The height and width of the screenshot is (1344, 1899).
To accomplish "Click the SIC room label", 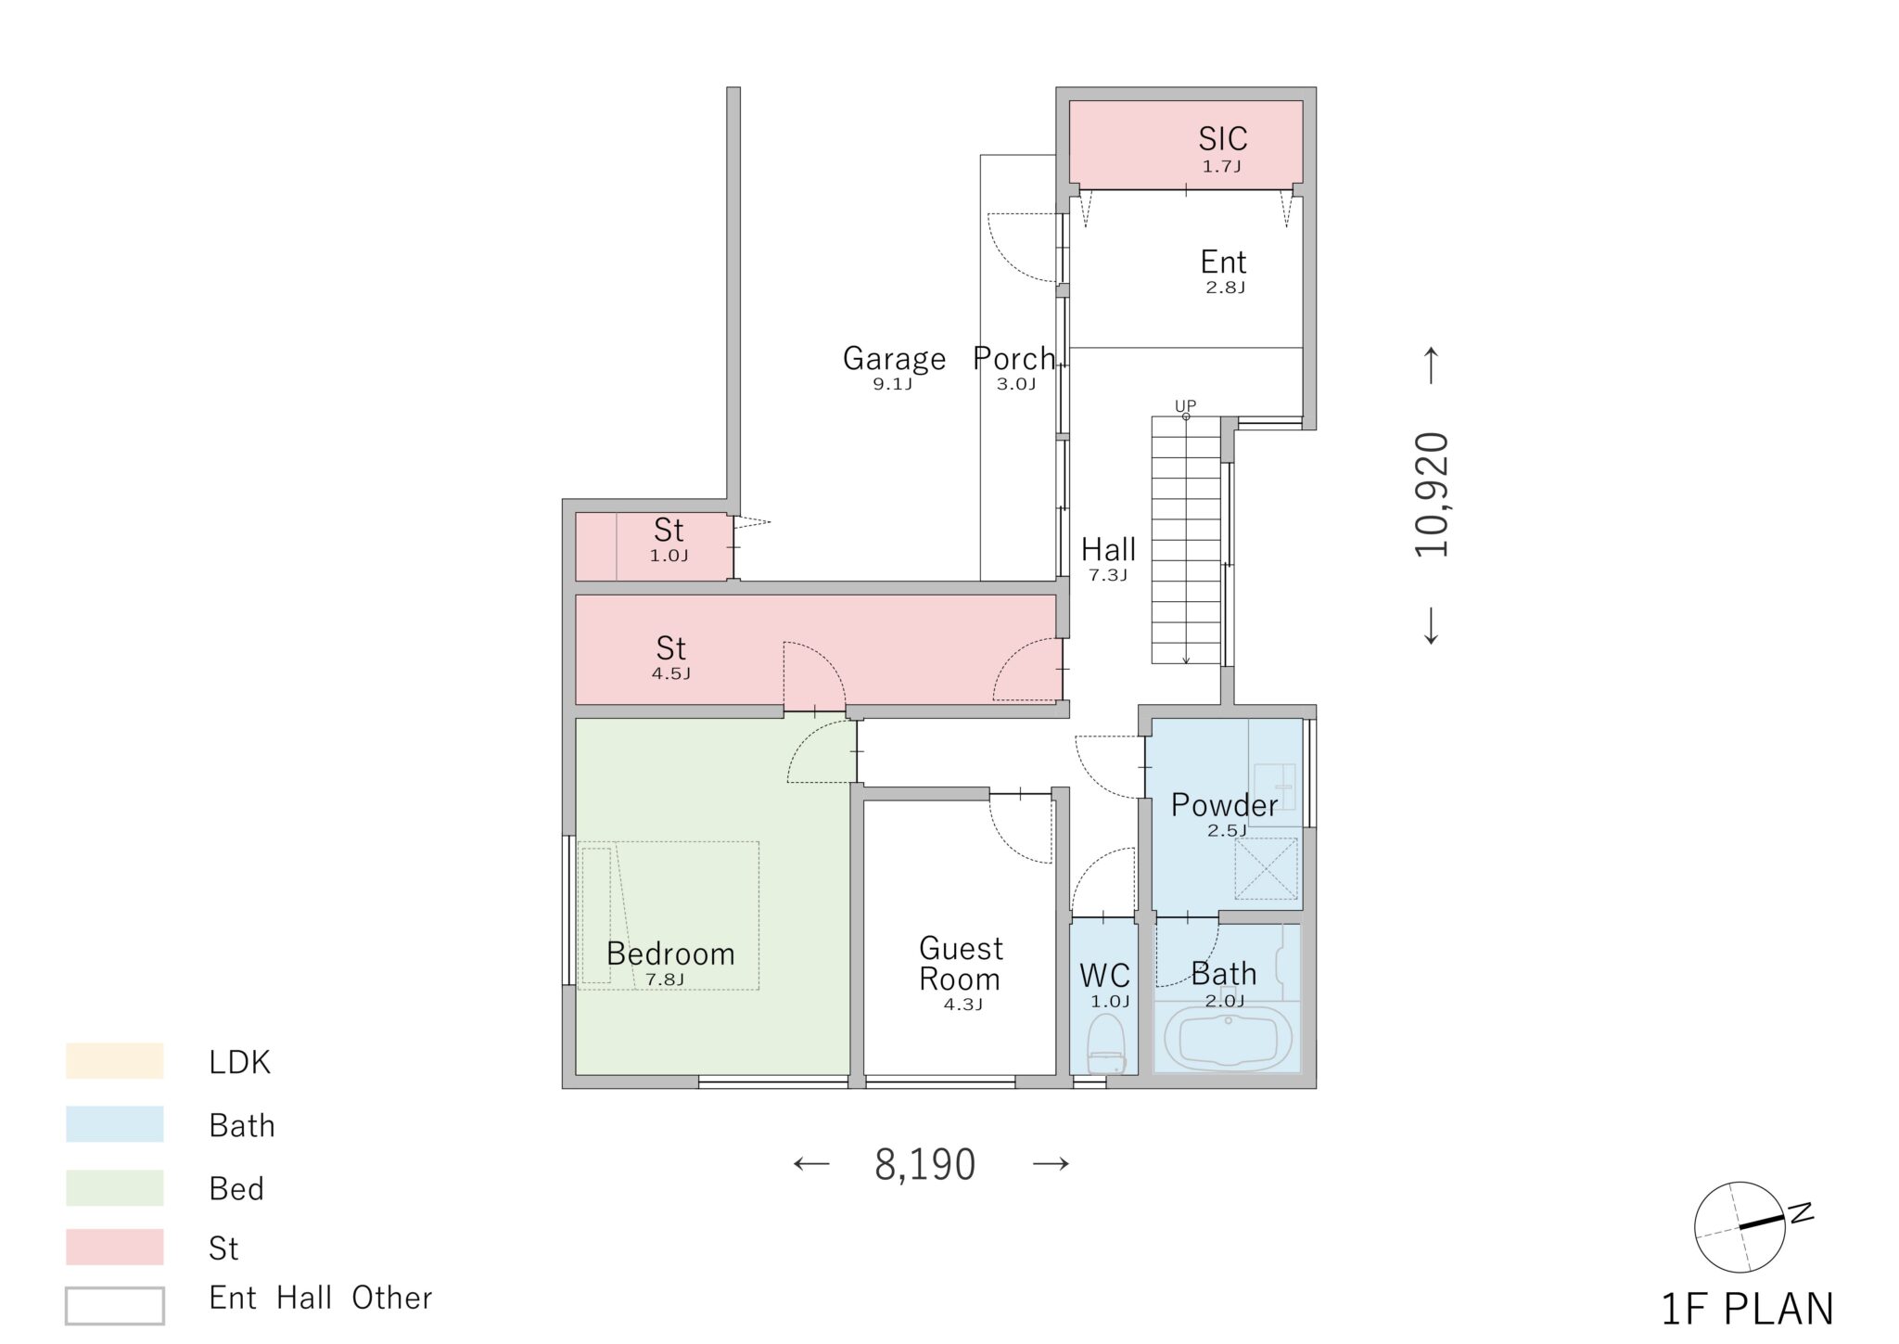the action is (x=1222, y=139).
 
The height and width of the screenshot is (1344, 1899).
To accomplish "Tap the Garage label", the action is (x=894, y=358).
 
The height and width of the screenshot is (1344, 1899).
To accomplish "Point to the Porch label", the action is (x=1014, y=358).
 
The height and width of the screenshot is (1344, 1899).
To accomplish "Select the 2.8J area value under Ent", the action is (x=1225, y=288).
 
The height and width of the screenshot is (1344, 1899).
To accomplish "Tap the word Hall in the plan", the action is (x=1108, y=550).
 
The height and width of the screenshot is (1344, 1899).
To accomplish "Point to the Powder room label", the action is (x=1224, y=804).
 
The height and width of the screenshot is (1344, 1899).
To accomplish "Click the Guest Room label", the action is (x=961, y=964).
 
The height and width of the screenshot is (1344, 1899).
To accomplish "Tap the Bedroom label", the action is (x=670, y=954).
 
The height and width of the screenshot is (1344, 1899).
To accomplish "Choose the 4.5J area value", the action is (x=670, y=674).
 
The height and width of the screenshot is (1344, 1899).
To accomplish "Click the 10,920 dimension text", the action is (x=1431, y=494).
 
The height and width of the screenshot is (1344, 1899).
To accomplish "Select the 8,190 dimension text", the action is (x=924, y=1165).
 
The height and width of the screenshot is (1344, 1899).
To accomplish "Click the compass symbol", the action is (x=1740, y=1226).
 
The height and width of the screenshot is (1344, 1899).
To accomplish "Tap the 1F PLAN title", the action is (x=1747, y=1309).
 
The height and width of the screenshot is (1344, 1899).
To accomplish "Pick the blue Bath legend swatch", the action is (x=115, y=1124).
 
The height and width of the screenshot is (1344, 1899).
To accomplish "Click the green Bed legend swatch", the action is (x=115, y=1188).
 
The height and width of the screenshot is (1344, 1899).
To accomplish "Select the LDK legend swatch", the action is (x=115, y=1061).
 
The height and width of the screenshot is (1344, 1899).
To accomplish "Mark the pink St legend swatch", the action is (x=115, y=1248).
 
